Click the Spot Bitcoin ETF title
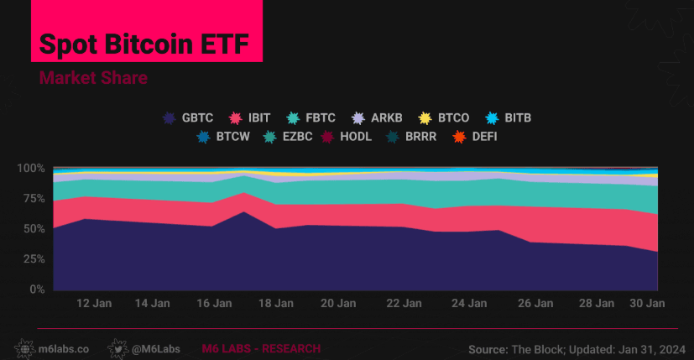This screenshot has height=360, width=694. tap(145, 44)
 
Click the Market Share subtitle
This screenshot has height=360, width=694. tap(93, 78)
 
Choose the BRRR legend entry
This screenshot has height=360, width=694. tap(420, 135)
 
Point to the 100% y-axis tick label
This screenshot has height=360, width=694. tap(30, 168)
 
